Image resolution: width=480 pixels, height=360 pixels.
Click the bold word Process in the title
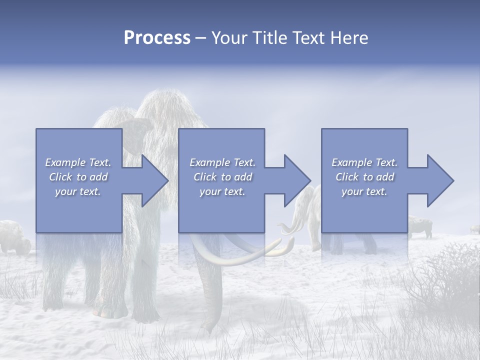coord(156,38)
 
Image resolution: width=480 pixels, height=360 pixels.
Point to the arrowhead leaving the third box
coord(439,180)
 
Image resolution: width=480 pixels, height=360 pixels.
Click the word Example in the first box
coord(65,162)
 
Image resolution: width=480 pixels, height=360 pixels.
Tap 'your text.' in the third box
coord(364,191)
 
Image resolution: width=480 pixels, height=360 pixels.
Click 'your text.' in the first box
coord(77,191)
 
